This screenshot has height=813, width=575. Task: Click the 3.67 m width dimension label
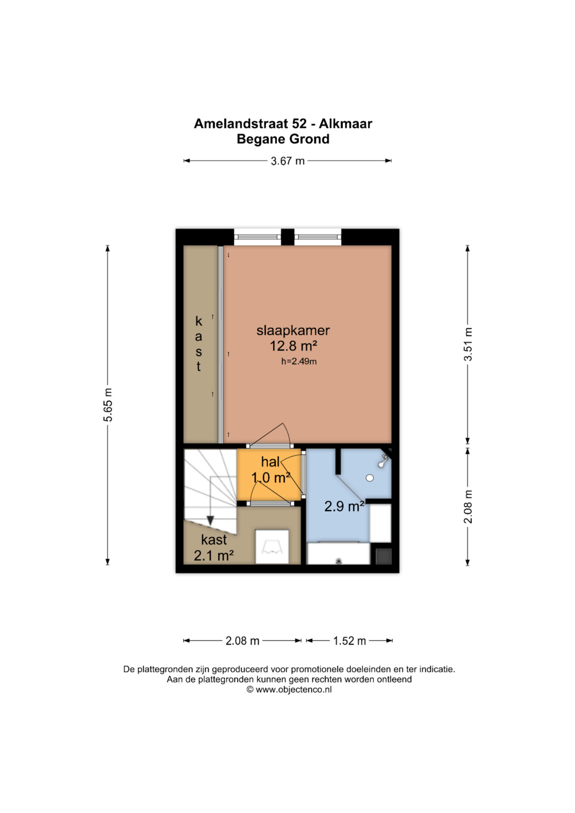(x=287, y=161)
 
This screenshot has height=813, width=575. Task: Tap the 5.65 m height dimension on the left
(x=108, y=405)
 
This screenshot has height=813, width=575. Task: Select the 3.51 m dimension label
(x=469, y=344)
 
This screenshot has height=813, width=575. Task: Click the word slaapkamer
(x=293, y=330)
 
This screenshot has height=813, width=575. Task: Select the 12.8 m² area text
(x=293, y=346)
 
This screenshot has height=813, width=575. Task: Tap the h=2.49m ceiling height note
(x=299, y=362)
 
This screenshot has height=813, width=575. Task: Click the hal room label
(x=270, y=462)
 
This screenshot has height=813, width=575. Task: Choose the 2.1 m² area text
(x=213, y=556)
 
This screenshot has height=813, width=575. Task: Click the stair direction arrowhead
(x=210, y=520)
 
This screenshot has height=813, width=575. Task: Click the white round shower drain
(x=369, y=478)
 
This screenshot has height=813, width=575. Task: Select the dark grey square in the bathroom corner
(x=384, y=556)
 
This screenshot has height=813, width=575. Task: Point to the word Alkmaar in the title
(x=346, y=124)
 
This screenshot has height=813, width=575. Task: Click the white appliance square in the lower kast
(x=272, y=547)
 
